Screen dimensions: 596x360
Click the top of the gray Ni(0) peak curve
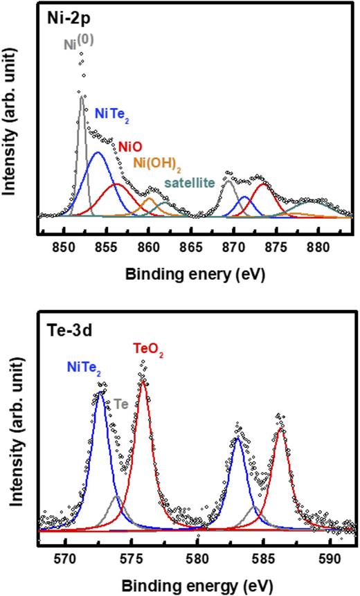tap(82, 98)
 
